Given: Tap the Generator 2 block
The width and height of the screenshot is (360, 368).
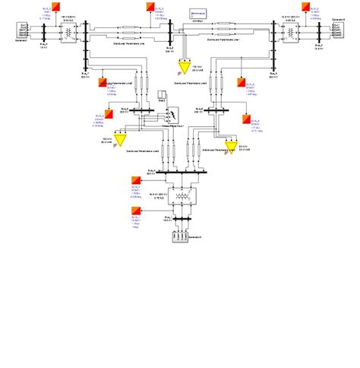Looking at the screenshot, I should (x=181, y=236).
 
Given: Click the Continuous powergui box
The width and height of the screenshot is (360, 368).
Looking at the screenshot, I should (x=201, y=14).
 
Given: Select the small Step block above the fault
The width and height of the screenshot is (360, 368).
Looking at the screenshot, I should (x=161, y=97).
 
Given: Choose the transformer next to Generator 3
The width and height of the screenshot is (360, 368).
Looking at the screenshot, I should (x=290, y=32).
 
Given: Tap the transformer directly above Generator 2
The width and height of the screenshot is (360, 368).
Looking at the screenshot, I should (x=181, y=203).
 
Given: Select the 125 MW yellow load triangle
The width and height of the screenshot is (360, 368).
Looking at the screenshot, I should (x=120, y=139).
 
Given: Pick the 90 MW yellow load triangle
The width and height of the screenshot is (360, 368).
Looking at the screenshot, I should (x=232, y=145).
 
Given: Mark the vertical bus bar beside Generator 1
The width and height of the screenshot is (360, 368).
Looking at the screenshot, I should (x=44, y=33).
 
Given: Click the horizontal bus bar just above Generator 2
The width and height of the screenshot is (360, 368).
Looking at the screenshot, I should (x=181, y=220).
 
